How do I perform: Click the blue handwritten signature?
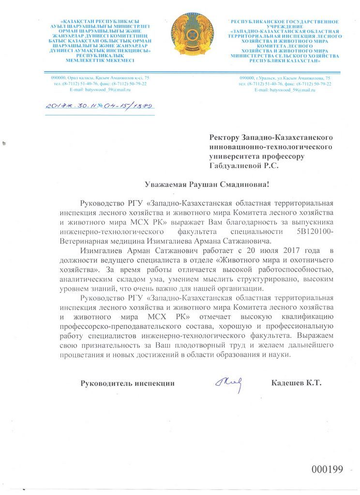click(x=228, y=383)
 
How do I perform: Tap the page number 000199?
click(x=327, y=469)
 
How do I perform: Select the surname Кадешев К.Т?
click(x=297, y=383)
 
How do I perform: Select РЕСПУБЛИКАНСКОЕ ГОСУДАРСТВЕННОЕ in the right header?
click(x=284, y=22)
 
